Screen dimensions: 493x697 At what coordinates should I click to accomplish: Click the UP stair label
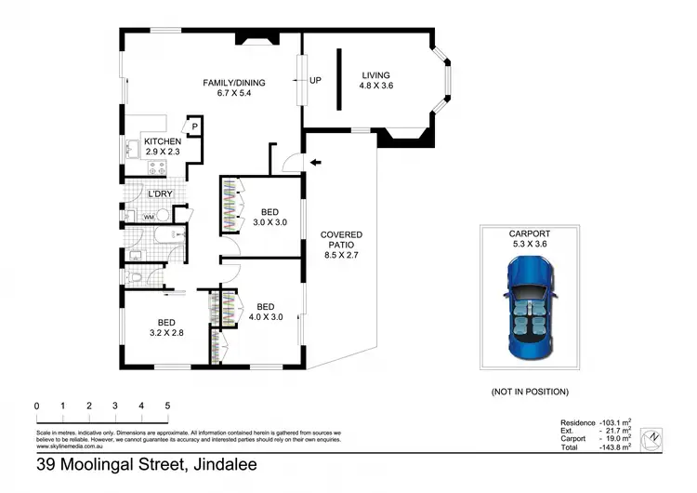pyautogui.click(x=315, y=80)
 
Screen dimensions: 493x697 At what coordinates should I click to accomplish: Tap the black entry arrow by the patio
pyautogui.click(x=316, y=164)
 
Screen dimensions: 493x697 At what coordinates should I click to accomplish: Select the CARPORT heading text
pyautogui.click(x=529, y=233)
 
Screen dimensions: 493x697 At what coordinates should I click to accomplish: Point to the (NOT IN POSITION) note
pyautogui.click(x=529, y=393)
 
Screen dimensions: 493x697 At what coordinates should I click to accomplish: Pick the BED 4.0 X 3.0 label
pyautogui.click(x=265, y=312)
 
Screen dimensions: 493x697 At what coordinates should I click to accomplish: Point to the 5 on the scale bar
pyautogui.click(x=167, y=406)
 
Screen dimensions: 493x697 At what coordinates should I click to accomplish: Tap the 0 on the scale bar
pyautogui.click(x=36, y=406)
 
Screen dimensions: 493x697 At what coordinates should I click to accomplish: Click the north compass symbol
pyautogui.click(x=656, y=436)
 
